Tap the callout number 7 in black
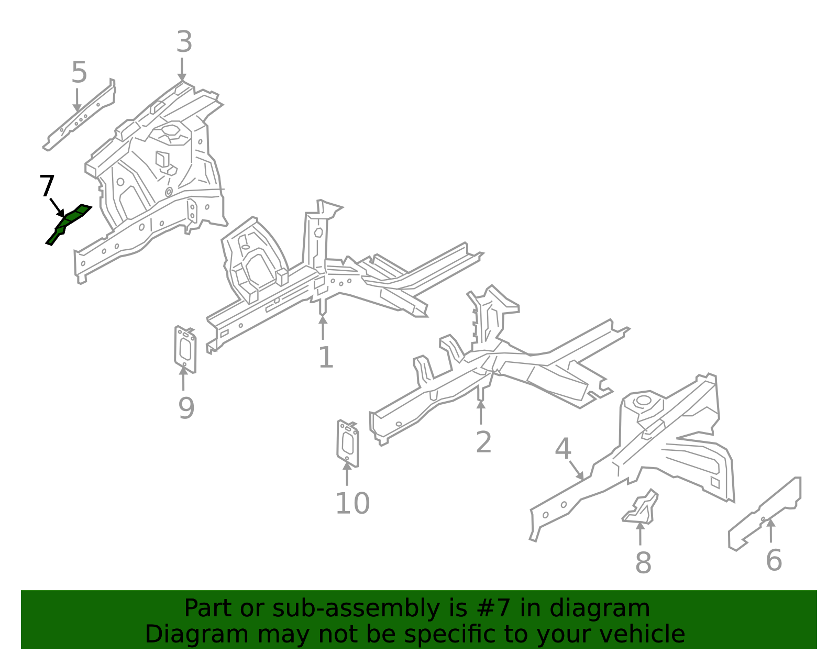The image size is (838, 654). pyautogui.click(x=47, y=186)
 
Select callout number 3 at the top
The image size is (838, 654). pyautogui.click(x=184, y=42)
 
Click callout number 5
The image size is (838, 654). pyautogui.click(x=79, y=72)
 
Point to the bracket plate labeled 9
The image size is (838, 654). pyautogui.click(x=185, y=349)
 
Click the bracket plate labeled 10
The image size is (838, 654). pyautogui.click(x=347, y=443)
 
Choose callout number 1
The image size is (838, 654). pyautogui.click(x=325, y=358)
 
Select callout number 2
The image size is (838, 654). pyautogui.click(x=483, y=442)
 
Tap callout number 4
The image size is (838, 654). pyautogui.click(x=563, y=449)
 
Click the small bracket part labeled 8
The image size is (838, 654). pyautogui.click(x=641, y=509)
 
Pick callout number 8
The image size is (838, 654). pyautogui.click(x=643, y=563)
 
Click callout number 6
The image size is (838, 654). pyautogui.click(x=774, y=560)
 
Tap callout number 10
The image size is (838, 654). pyautogui.click(x=352, y=503)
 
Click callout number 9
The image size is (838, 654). pyautogui.click(x=186, y=408)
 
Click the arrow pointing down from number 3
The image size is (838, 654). pyautogui.click(x=182, y=69)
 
